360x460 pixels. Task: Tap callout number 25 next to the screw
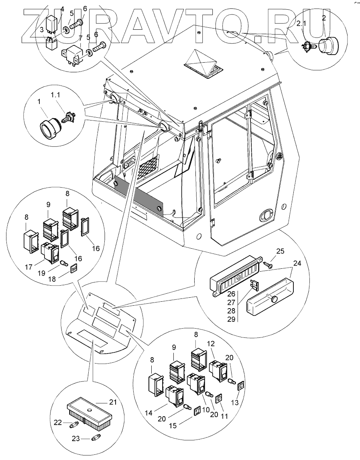(280, 251)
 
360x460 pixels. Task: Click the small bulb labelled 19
(63, 263)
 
